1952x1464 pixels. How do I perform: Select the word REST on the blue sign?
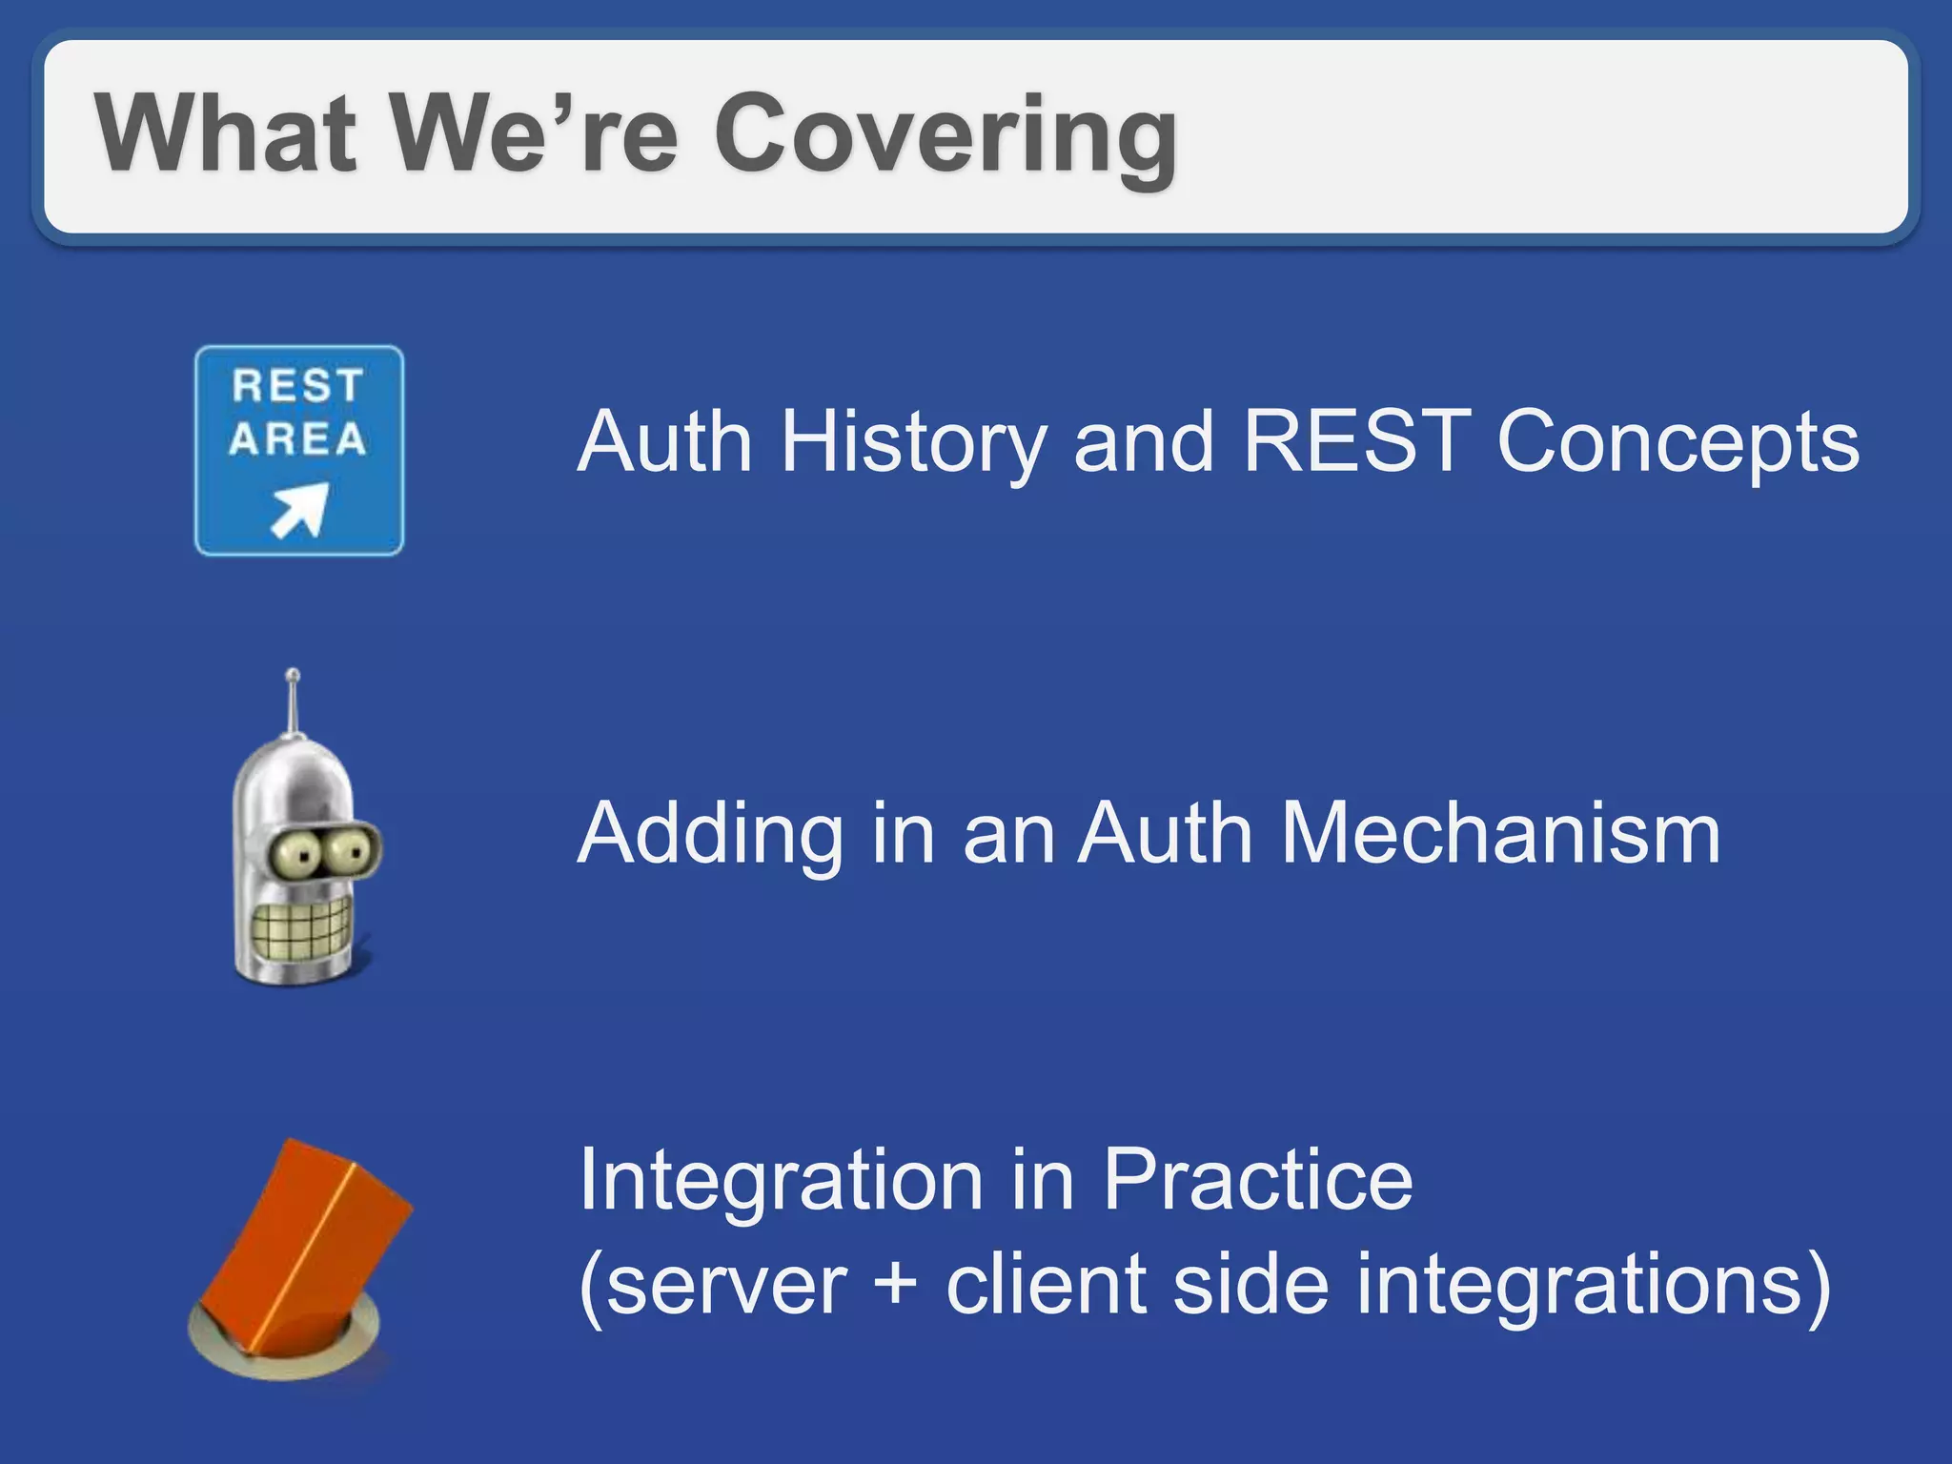(x=298, y=386)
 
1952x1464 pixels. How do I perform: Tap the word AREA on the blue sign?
(x=298, y=439)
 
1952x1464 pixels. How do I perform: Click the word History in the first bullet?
(x=913, y=442)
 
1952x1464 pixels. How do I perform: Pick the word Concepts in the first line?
(x=1677, y=442)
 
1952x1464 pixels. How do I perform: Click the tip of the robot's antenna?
(x=293, y=675)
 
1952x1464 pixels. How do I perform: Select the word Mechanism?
(x=1500, y=833)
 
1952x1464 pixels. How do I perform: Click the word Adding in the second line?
(x=710, y=835)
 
